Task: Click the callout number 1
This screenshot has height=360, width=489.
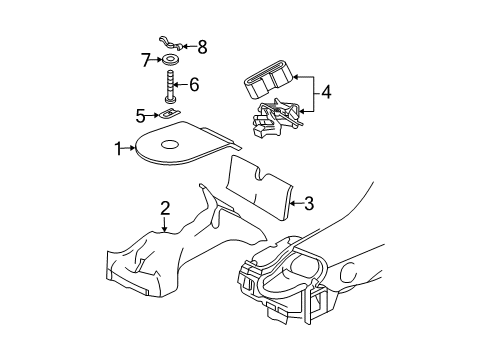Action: [x=118, y=148]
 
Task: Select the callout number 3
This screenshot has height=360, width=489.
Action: [x=309, y=205]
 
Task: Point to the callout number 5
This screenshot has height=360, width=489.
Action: [x=141, y=115]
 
